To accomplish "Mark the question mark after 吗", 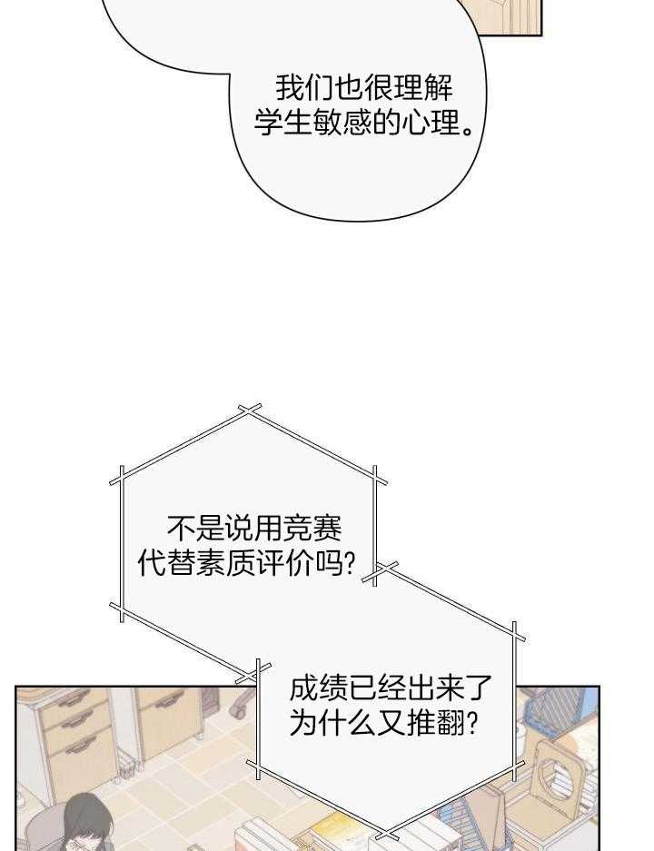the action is click(x=350, y=563).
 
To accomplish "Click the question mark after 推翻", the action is click(x=472, y=723).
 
